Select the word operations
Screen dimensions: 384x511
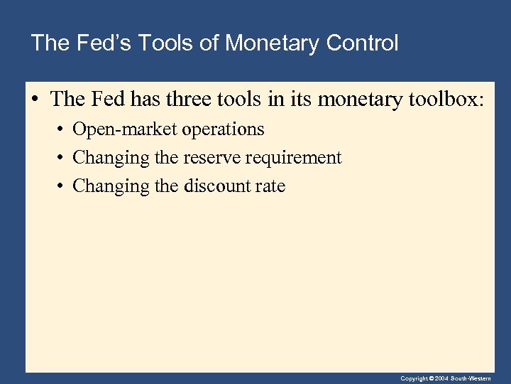tap(223, 129)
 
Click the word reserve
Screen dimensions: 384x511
tap(214, 158)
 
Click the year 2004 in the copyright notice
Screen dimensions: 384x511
tap(440, 378)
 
